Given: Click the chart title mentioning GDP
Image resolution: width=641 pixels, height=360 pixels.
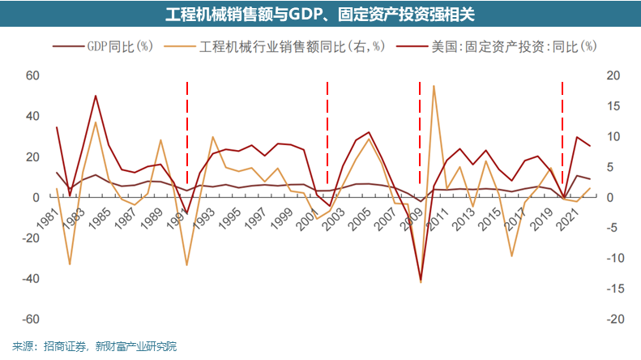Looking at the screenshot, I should [x=321, y=15].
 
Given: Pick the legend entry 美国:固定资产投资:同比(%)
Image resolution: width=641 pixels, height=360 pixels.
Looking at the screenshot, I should [x=504, y=46].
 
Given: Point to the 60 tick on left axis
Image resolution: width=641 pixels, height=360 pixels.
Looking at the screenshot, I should [x=32, y=75].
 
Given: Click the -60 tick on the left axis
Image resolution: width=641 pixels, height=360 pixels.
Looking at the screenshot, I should [x=30, y=319].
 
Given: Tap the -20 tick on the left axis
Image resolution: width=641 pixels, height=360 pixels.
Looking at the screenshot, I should [x=30, y=238].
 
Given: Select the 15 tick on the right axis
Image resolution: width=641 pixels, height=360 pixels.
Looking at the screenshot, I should [x=613, y=106].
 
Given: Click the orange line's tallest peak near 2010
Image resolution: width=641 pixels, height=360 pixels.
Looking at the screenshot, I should [x=434, y=86].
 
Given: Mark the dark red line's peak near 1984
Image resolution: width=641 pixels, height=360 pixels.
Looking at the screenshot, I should [x=96, y=96].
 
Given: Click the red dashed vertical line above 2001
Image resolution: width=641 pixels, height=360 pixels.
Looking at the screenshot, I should [x=327, y=130].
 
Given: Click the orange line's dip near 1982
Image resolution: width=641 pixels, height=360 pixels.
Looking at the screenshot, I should [x=70, y=264].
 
